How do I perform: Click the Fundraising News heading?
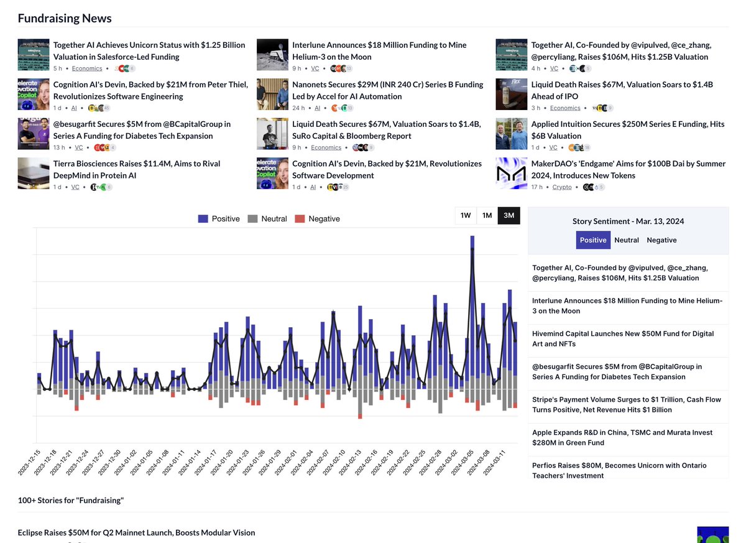[x=65, y=18]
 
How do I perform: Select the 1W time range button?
[x=466, y=216]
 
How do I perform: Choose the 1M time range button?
[x=487, y=216]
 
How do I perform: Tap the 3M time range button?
[x=509, y=216]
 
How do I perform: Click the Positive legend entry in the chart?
[x=218, y=219]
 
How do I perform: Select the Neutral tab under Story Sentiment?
[x=627, y=240]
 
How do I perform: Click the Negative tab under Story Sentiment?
[x=661, y=240]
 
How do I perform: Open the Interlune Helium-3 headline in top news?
[x=379, y=50]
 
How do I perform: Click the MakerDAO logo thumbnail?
[x=511, y=174]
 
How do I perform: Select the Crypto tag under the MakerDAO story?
[x=562, y=187]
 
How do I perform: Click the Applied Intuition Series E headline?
[x=628, y=129]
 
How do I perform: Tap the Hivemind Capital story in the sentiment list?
[x=623, y=338]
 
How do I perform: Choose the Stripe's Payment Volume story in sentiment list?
[x=627, y=404]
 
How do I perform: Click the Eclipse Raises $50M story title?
[x=137, y=532]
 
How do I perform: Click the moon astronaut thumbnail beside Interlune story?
[x=272, y=54]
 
